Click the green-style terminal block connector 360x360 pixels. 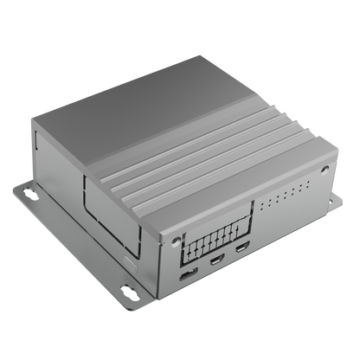click(x=216, y=235)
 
